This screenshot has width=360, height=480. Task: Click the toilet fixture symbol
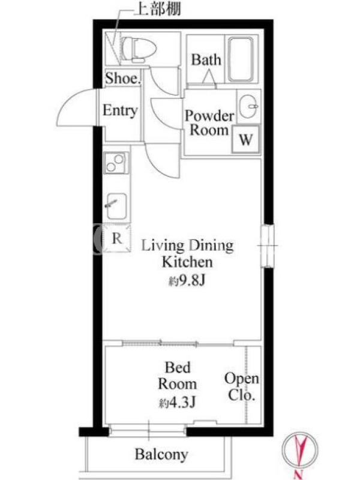(139, 49)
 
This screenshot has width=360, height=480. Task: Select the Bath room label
(206, 59)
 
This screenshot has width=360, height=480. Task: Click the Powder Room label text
(209, 123)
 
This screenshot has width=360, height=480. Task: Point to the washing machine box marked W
(246, 140)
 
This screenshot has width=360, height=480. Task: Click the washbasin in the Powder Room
(248, 106)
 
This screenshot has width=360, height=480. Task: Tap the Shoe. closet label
(123, 78)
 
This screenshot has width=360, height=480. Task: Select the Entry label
(120, 110)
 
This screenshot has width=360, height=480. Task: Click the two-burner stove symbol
(116, 163)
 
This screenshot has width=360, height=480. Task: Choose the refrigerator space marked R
(116, 238)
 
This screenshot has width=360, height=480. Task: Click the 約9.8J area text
(187, 280)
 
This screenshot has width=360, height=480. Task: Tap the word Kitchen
(187, 262)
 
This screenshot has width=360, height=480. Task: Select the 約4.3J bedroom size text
(177, 402)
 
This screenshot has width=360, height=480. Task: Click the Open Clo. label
(242, 386)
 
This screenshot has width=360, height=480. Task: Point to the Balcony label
(161, 454)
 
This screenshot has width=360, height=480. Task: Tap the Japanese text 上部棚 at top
(158, 9)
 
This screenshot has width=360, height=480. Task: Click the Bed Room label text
(177, 376)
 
